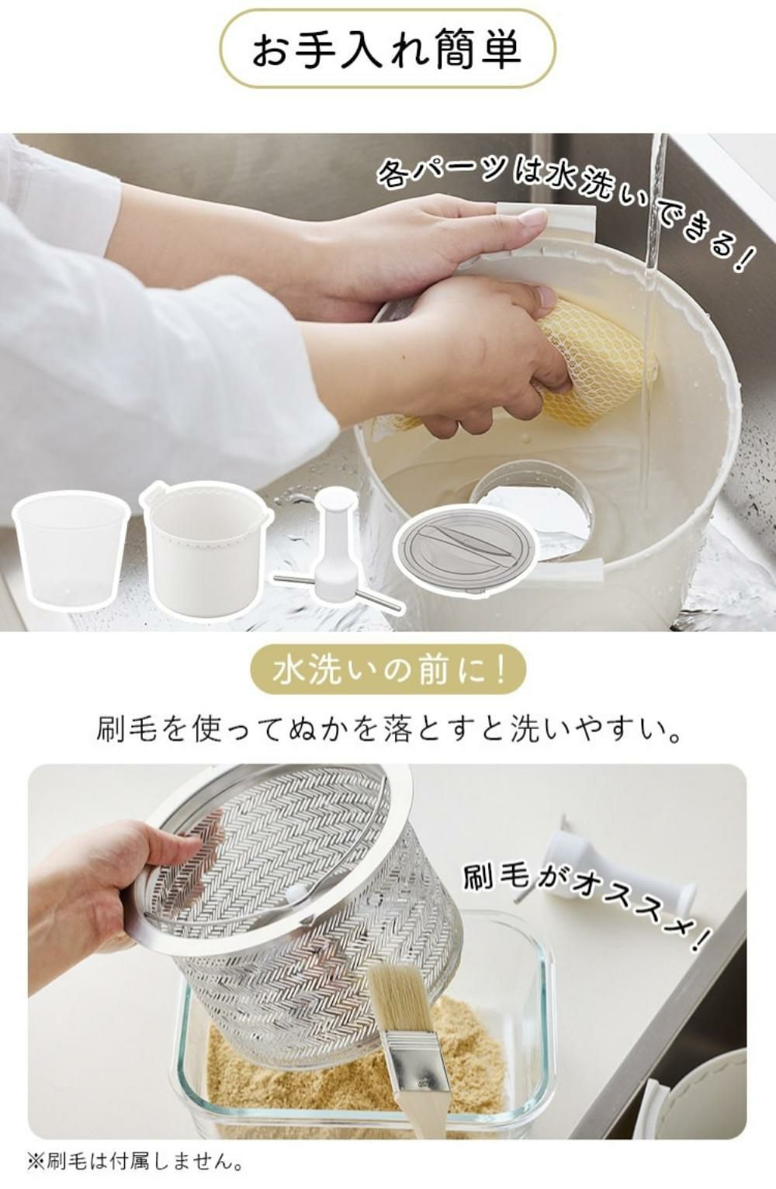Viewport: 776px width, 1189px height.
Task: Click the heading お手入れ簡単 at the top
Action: pyautogui.click(x=386, y=50)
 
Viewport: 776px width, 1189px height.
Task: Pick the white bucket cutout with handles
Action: pyautogui.click(x=205, y=547)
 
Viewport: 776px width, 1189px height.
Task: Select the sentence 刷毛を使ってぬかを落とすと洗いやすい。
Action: pyautogui.click(x=389, y=731)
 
